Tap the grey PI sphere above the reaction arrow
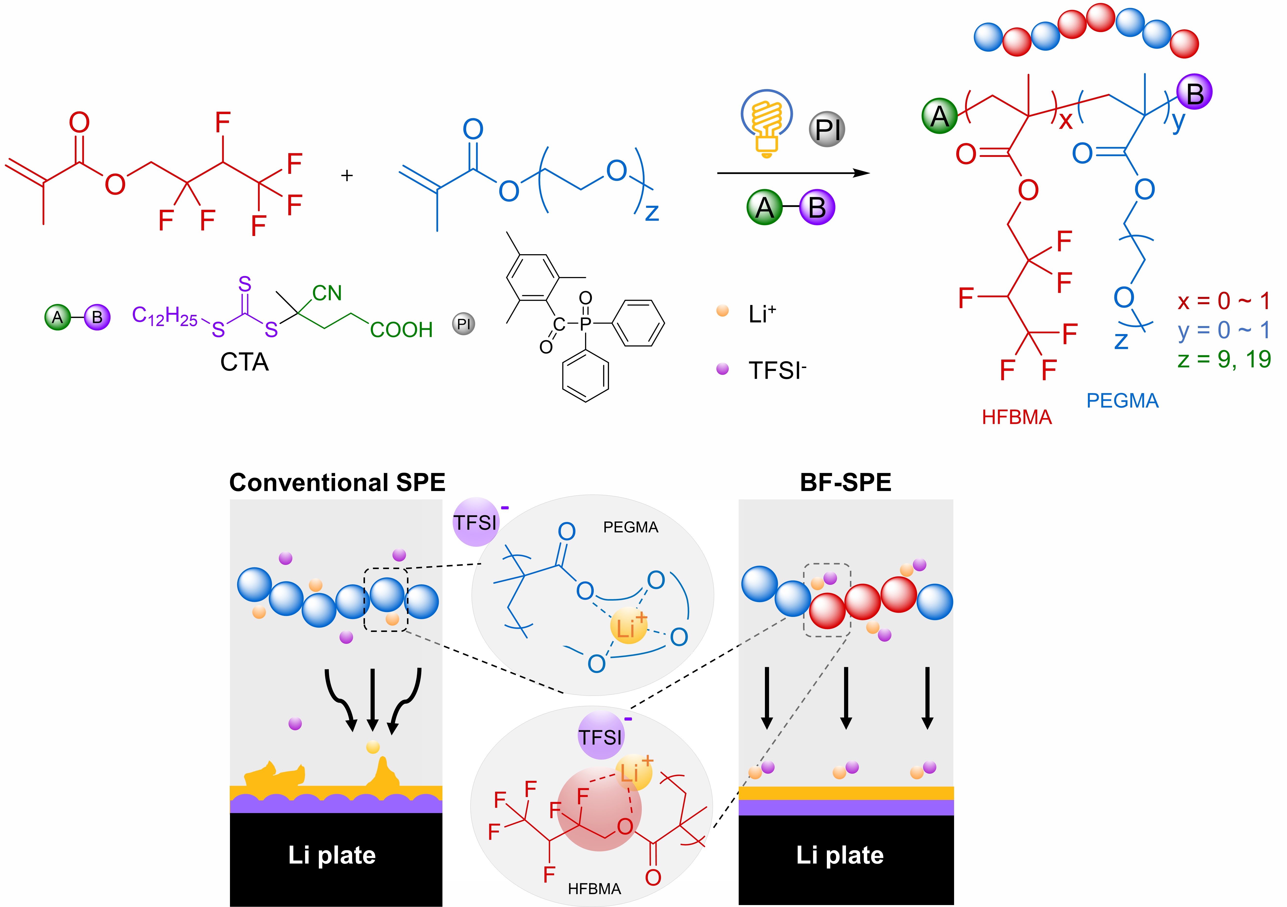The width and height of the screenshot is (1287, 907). [x=827, y=129]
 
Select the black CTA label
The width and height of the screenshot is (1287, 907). [x=244, y=362]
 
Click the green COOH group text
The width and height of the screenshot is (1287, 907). [x=401, y=330]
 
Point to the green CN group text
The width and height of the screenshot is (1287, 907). [x=327, y=293]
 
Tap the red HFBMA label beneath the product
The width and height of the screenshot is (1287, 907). [x=1017, y=417]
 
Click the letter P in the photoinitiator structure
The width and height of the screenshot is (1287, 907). [x=585, y=323]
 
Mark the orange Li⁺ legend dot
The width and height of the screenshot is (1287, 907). [x=722, y=311]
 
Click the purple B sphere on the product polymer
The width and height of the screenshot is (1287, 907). [x=1194, y=92]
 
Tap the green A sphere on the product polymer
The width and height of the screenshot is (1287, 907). [x=940, y=116]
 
